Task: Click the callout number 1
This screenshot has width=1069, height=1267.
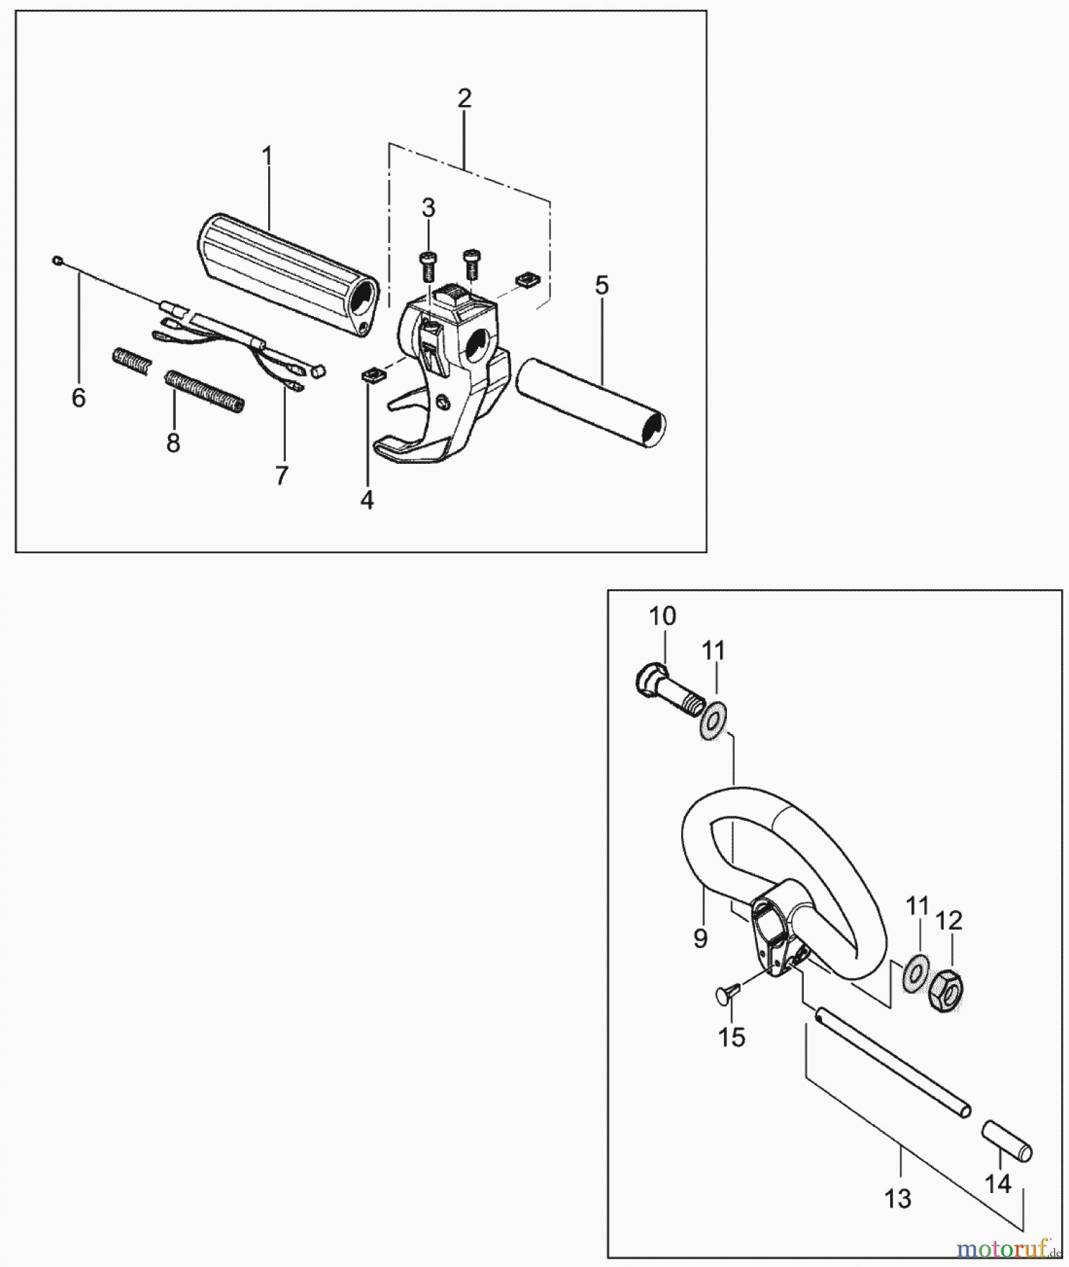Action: click(266, 156)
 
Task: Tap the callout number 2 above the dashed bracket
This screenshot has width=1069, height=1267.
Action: click(464, 99)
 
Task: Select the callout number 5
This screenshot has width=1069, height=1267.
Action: click(601, 285)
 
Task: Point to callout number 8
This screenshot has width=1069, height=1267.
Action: click(172, 443)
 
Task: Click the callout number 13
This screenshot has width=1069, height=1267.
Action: click(898, 1198)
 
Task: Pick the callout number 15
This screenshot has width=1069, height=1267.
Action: click(731, 1037)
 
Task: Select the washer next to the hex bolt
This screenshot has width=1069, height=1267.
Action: click(713, 725)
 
